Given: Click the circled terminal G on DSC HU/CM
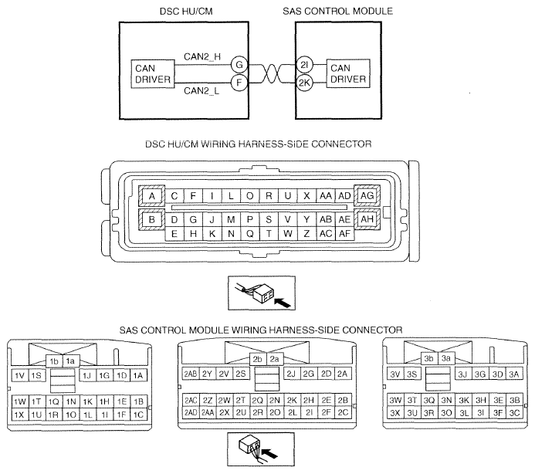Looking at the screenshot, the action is pyautogui.click(x=239, y=64).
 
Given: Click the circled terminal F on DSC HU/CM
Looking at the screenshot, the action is pyautogui.click(x=239, y=83).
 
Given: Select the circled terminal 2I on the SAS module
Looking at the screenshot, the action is pyautogui.click(x=304, y=64).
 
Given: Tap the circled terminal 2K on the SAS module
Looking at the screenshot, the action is pyautogui.click(x=304, y=83).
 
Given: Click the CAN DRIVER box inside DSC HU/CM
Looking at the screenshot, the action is pyautogui.click(x=153, y=73).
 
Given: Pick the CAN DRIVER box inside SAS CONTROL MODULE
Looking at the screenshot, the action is pyautogui.click(x=348, y=73).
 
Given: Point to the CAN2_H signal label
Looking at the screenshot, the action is pyautogui.click(x=202, y=56).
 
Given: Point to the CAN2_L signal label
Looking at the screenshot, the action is pyautogui.click(x=201, y=91).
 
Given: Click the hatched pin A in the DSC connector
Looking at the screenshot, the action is pyautogui.click(x=152, y=196).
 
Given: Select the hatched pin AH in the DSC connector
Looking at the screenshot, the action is pyautogui.click(x=367, y=219).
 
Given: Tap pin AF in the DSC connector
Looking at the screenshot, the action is pyautogui.click(x=344, y=234).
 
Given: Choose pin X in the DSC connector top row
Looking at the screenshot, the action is pyautogui.click(x=306, y=196).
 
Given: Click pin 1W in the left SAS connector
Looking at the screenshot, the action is pyautogui.click(x=20, y=401).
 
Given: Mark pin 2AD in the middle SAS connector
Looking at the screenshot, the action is pyautogui.click(x=191, y=413).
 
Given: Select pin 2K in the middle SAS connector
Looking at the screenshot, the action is pyautogui.click(x=292, y=401).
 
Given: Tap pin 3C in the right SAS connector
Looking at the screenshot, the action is pyautogui.click(x=514, y=413).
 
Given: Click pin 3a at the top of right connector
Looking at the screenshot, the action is pyautogui.click(x=446, y=358).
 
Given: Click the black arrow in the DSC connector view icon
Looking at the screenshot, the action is pyautogui.click(x=283, y=302).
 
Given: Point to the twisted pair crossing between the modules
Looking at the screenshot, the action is pyautogui.click(x=271, y=73).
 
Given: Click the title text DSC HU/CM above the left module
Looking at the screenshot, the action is pyautogui.click(x=186, y=12).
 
